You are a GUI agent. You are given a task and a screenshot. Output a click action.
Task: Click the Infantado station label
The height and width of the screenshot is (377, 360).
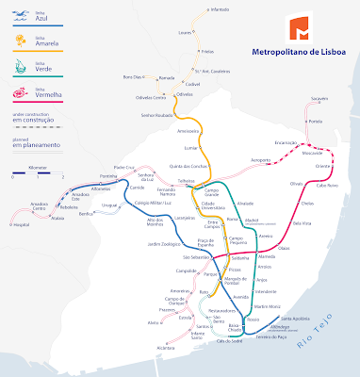pyautogui.click(x=219, y=8)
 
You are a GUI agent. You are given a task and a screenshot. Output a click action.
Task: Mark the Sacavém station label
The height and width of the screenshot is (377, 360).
pyautogui.click(x=319, y=99)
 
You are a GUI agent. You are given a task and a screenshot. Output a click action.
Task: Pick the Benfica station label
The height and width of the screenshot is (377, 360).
pyautogui.click(x=89, y=215)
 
